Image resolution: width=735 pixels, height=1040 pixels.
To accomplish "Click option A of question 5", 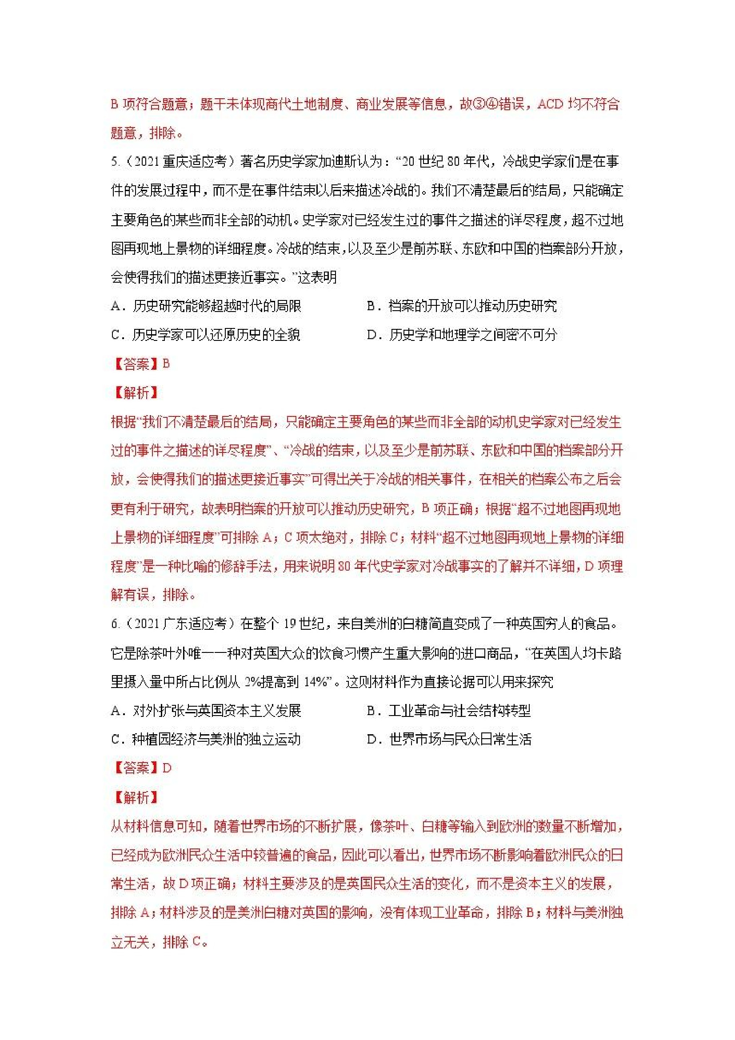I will click(206, 306).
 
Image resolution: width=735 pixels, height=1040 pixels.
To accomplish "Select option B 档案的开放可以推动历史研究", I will click(461, 306).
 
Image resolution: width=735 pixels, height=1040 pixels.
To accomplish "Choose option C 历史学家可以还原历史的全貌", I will click(206, 335).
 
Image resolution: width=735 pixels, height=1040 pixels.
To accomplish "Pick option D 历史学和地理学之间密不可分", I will click(462, 335).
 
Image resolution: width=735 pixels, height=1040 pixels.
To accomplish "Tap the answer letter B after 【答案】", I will click(166, 364).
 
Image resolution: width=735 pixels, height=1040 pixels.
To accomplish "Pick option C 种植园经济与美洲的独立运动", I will click(206, 739).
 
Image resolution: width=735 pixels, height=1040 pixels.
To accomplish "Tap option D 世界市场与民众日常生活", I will click(449, 739).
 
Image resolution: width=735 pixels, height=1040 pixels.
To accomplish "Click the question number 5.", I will click(115, 162).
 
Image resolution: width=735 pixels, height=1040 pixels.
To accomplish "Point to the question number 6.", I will click(115, 624).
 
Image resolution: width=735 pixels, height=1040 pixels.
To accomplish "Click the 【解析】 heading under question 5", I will click(135, 392).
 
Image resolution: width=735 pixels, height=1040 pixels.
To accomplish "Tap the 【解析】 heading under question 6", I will click(135, 797).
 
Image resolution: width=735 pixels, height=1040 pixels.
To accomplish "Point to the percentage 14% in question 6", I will click(316, 682).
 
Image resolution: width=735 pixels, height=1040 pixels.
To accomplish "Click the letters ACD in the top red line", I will click(550, 104).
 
